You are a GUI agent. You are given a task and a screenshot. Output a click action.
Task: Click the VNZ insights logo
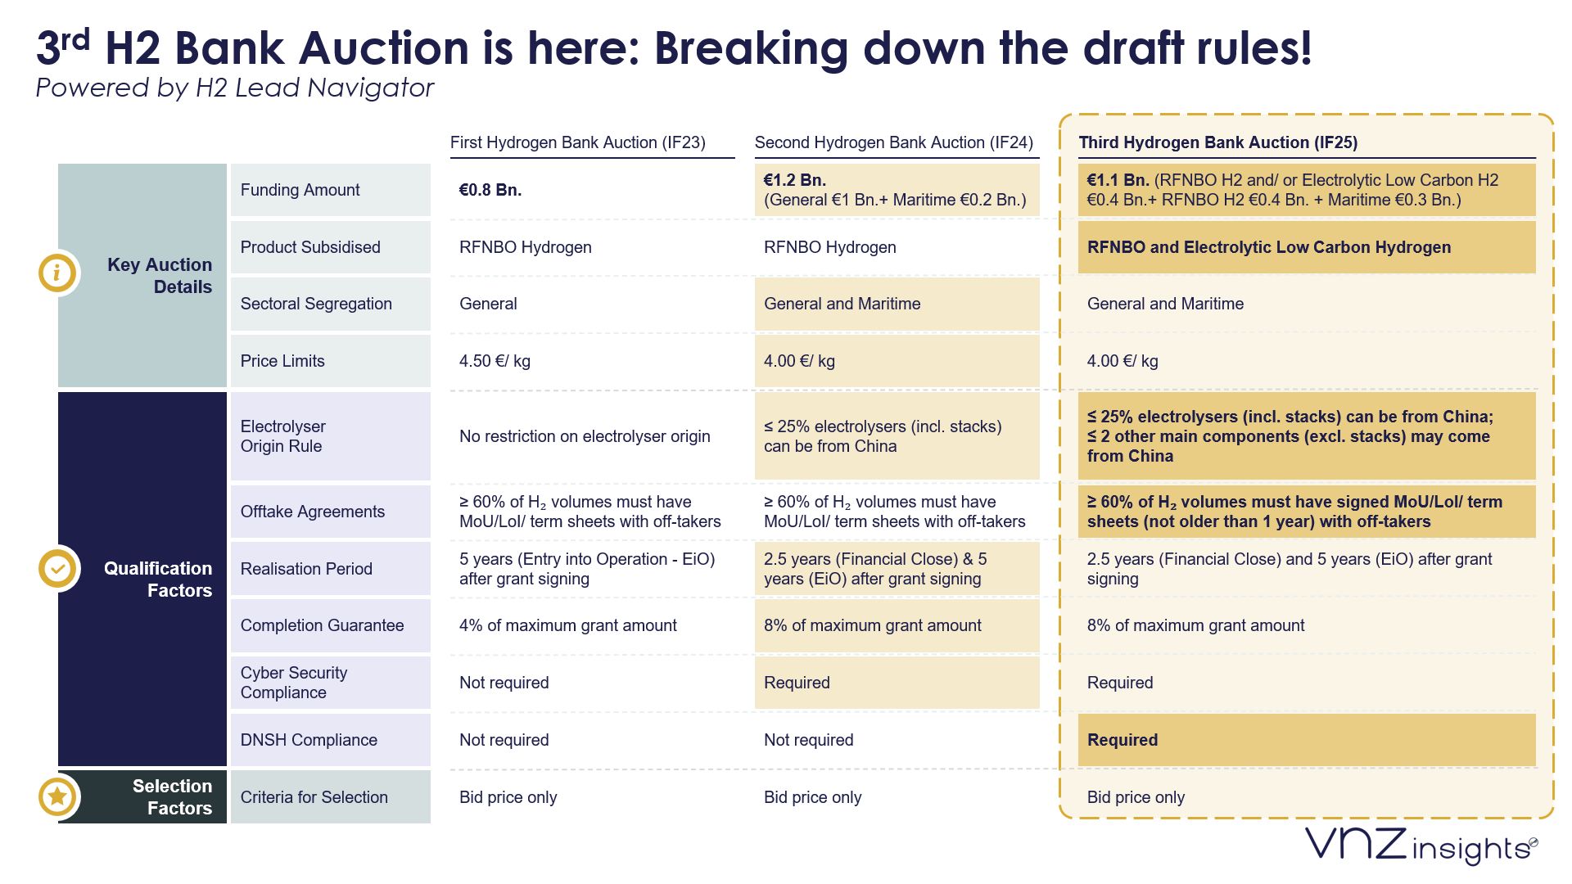[x=1421, y=846]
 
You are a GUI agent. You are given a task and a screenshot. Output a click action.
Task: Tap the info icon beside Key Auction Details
[x=57, y=273]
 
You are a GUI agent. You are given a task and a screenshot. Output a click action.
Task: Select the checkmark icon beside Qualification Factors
[x=58, y=568]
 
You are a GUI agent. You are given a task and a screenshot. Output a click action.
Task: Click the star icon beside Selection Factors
[x=58, y=796]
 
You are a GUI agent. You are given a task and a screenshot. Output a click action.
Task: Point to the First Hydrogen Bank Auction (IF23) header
[x=577, y=142]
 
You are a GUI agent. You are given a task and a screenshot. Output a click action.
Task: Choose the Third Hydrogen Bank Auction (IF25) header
[x=1217, y=142]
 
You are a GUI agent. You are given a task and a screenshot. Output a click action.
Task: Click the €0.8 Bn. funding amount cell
[x=490, y=190]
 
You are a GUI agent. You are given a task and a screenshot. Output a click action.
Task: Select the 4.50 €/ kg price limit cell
[x=495, y=361]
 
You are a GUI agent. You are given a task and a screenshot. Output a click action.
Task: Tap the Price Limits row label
[x=282, y=361]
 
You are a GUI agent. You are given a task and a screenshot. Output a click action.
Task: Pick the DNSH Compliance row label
[x=309, y=740]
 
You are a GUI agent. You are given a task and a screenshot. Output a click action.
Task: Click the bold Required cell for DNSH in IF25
[x=1123, y=740]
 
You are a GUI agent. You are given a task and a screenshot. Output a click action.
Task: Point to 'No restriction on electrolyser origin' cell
[x=585, y=436]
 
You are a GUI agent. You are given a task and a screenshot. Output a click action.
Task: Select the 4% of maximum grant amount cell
[x=568, y=625]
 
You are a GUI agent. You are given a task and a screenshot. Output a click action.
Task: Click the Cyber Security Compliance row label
[x=294, y=683]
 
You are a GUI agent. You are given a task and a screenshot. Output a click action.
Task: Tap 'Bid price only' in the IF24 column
[x=812, y=797]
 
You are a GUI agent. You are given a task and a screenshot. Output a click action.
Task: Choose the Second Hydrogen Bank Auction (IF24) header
[x=893, y=142]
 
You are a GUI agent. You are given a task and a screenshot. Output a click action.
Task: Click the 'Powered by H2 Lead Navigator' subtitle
[x=235, y=88]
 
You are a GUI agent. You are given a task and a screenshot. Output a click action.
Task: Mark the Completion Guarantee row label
[x=322, y=625]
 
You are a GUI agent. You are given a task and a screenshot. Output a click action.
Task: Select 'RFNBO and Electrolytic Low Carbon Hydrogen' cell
[x=1268, y=247]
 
